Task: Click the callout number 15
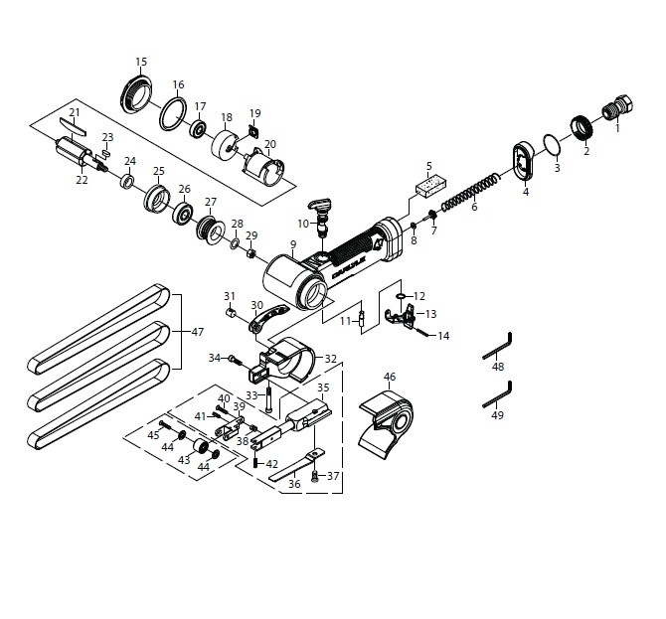(141, 62)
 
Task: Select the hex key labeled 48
(497, 348)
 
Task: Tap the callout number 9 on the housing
(293, 243)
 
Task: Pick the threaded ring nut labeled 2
(581, 130)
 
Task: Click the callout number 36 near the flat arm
(293, 484)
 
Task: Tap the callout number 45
(153, 435)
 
